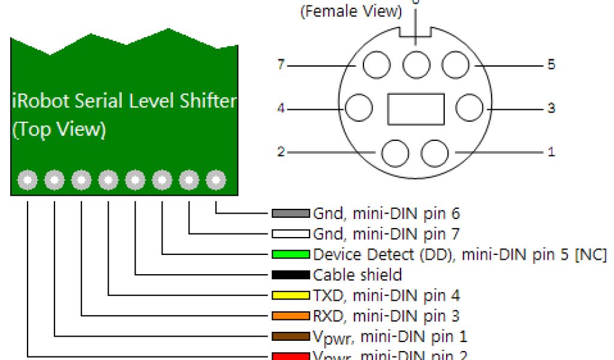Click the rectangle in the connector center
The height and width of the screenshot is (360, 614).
tap(416, 109)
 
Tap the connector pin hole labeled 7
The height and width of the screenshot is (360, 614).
tap(377, 65)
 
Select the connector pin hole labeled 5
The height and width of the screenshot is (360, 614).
tap(455, 65)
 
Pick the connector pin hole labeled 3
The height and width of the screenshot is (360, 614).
tap(469, 109)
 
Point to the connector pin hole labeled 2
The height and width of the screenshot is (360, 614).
tap(395, 153)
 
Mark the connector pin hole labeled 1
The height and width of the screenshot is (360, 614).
tap(435, 153)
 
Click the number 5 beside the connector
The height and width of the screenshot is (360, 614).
tap(551, 64)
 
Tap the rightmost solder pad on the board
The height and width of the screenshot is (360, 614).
tap(216, 179)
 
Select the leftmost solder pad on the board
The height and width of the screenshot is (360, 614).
tap(28, 179)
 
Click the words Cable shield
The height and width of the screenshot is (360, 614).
tap(357, 275)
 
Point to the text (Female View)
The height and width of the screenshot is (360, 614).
tap(351, 11)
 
